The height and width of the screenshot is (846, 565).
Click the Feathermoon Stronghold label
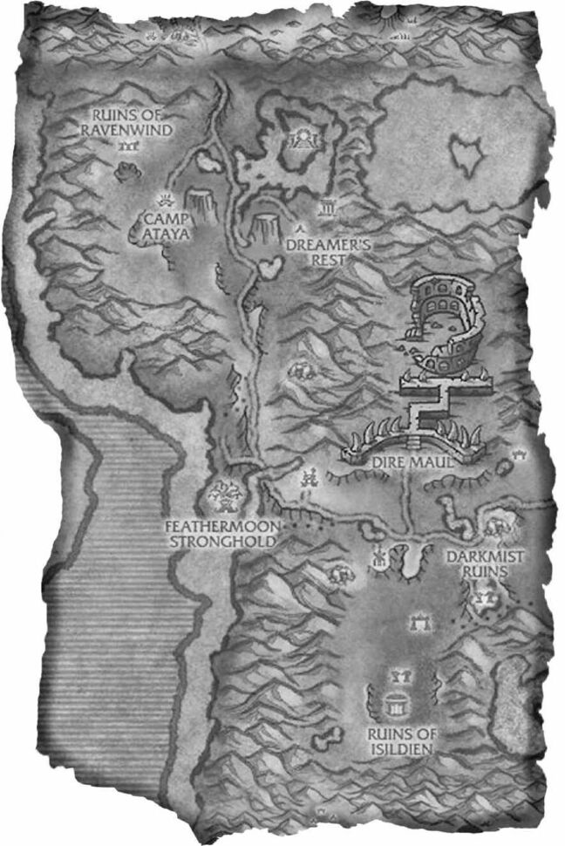point(221,534)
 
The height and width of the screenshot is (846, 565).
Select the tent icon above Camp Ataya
point(163,197)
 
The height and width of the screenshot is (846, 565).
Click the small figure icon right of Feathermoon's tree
point(308,477)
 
